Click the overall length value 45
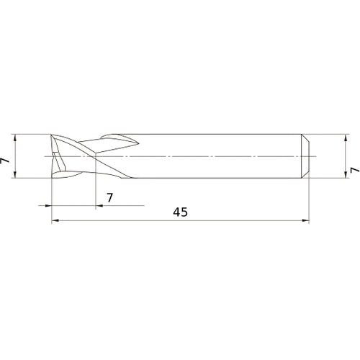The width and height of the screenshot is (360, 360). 181,212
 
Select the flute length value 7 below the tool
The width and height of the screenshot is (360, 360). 109,197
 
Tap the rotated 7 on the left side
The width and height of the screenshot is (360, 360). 6,163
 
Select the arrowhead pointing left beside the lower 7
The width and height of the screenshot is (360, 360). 99,205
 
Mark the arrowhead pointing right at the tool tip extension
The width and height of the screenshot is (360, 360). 48,205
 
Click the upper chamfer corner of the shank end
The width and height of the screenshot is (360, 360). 308,137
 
